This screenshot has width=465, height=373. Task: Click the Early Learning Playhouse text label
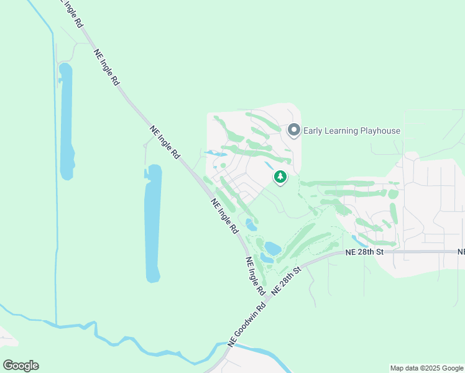[x=351, y=131]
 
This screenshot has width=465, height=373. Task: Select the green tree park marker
[x=280, y=177]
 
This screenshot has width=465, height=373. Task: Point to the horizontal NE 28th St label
[x=365, y=252]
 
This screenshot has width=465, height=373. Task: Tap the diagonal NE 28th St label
[x=287, y=280]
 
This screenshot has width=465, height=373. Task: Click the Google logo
[x=21, y=366]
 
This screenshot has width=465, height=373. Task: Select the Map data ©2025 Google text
[x=426, y=368]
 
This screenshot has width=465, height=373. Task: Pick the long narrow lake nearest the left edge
[x=66, y=118]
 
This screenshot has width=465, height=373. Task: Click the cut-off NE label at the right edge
[x=461, y=252]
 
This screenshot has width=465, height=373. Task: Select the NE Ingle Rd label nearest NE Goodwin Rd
[x=256, y=276]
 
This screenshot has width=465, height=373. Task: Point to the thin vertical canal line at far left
[x=55, y=186]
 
